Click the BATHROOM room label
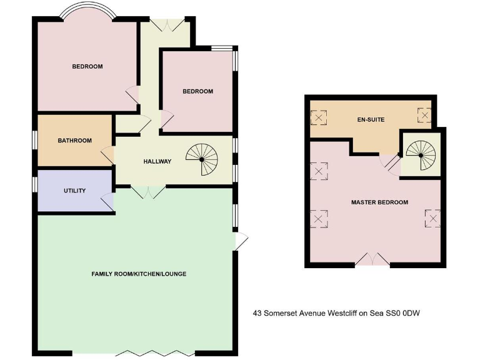click(75, 141)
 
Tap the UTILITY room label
click(74, 191)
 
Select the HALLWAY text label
click(157, 161)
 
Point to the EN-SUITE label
click(371, 119)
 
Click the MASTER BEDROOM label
click(379, 202)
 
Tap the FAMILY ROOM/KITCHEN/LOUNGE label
click(139, 274)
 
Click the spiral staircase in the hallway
click(201, 159)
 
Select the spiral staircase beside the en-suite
click(420, 154)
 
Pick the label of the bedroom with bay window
click(87, 66)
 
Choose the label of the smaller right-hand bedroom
click(197, 91)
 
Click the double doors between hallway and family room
click(148, 192)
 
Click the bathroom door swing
click(107, 154)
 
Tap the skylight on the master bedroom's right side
click(432, 218)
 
